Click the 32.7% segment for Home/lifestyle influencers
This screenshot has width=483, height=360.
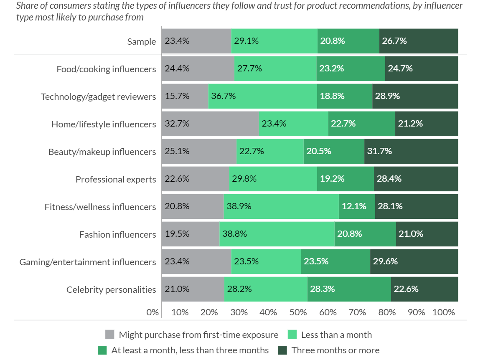tap(210, 124)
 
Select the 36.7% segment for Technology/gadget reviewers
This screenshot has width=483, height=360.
tap(262, 96)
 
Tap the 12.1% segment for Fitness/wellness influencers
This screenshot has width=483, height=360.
tap(357, 206)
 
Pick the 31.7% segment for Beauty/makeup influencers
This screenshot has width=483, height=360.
tap(411, 151)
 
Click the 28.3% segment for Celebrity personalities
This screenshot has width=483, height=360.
tap(349, 289)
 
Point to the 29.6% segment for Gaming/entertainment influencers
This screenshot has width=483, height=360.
tap(414, 261)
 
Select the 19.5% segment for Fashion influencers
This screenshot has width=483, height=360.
tap(191, 234)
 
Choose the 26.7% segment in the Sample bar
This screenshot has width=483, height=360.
tap(418, 41)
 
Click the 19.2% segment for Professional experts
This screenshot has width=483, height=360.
tap(345, 179)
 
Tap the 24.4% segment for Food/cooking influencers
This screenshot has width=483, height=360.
tap(198, 68)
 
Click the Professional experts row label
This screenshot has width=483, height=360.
tap(116, 179)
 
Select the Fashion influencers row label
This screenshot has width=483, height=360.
tap(117, 234)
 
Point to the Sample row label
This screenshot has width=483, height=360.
tap(142, 41)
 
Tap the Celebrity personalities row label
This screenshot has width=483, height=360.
tap(111, 289)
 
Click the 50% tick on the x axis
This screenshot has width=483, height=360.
tap(297, 312)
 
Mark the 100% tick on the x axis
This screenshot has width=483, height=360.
tap(444, 312)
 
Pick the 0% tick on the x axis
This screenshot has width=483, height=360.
tap(153, 312)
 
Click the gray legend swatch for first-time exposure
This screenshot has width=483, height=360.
tap(110, 335)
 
